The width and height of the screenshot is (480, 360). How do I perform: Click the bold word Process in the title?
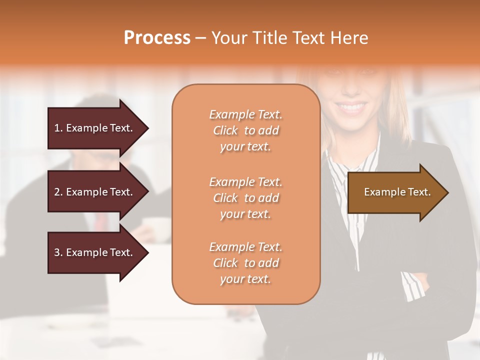click(x=157, y=38)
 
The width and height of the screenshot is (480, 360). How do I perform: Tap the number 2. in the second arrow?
click(x=58, y=192)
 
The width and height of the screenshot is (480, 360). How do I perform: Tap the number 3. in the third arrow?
click(x=58, y=252)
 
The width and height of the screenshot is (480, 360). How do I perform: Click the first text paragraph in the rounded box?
click(x=245, y=130)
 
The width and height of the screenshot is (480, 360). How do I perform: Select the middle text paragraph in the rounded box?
click(x=245, y=198)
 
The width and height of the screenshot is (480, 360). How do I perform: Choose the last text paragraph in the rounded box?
click(x=245, y=263)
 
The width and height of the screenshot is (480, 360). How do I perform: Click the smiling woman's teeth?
click(x=352, y=107)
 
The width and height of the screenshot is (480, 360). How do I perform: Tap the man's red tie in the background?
click(x=101, y=220)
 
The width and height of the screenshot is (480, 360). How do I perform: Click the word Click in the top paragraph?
click(x=225, y=130)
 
